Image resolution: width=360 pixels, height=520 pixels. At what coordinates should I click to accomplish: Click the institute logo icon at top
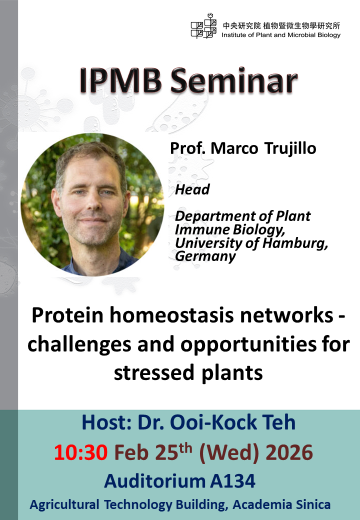203,26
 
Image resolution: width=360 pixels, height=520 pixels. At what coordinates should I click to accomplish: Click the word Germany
205,256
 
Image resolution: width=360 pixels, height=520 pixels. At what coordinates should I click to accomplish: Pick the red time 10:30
80,453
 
